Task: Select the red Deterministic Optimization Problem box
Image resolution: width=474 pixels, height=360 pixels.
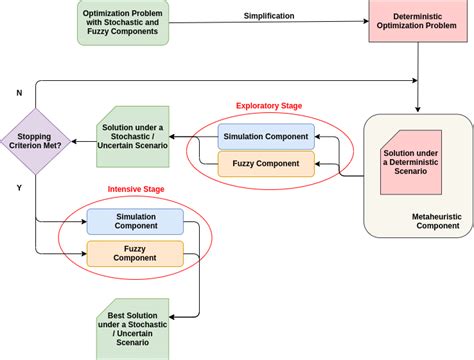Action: pos(416,22)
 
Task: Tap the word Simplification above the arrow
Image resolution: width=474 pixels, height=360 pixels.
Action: pos(268,15)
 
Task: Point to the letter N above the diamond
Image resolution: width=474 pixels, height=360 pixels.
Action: pos(18,91)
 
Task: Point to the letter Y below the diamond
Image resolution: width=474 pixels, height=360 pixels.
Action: pos(18,186)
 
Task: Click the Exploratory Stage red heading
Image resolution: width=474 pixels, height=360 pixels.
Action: pos(268,106)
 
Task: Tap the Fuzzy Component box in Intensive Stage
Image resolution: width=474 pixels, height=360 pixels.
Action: pos(135,252)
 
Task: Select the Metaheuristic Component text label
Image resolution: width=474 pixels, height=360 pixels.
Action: pos(435,222)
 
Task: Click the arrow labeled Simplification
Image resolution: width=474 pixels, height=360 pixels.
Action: pos(268,25)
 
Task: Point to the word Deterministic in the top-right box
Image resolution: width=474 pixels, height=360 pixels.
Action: pos(416,17)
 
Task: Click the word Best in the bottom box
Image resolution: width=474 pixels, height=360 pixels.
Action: pos(116,315)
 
